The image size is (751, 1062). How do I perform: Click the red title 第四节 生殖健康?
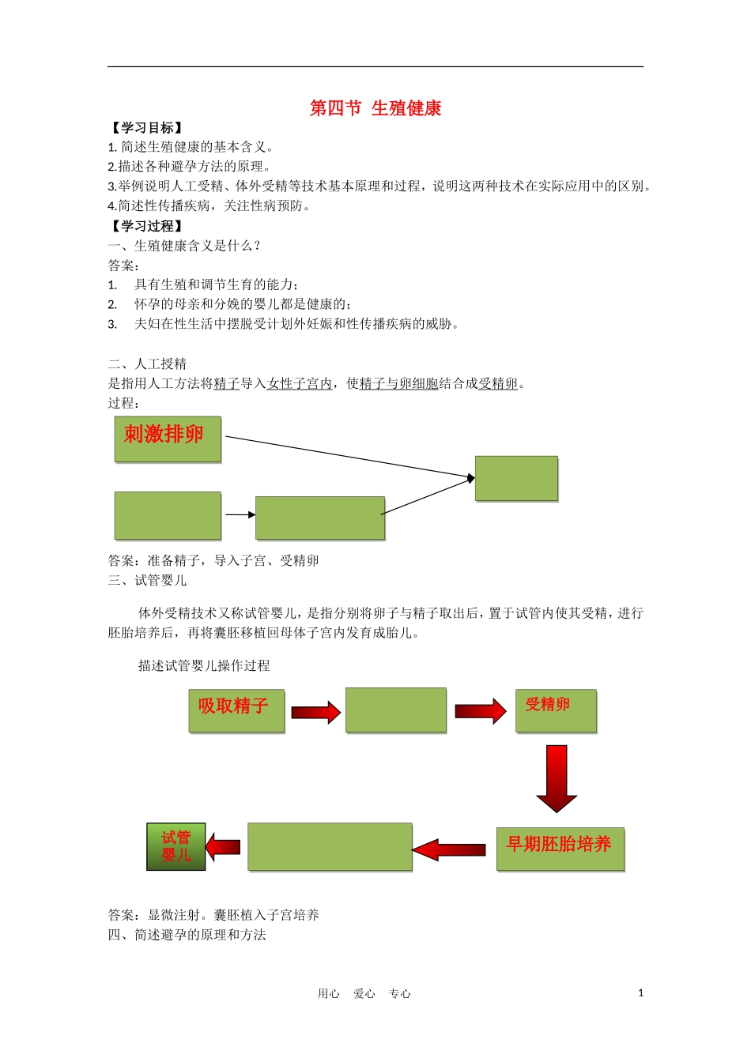tap(375, 108)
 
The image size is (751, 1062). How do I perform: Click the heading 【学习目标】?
tap(147, 128)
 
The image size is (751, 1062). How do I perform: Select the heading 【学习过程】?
tap(147, 226)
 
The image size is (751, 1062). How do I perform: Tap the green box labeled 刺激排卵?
tap(168, 439)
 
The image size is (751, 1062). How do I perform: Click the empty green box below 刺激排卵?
tap(168, 515)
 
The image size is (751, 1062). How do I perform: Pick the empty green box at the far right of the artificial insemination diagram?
tap(516, 478)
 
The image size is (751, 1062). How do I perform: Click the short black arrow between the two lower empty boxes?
tap(240, 515)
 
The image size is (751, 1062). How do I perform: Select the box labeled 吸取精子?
tap(236, 710)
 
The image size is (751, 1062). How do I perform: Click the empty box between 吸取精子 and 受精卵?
tap(396, 710)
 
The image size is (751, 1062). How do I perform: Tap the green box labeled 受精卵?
tap(556, 710)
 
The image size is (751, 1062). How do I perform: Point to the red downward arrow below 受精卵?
tap(557, 778)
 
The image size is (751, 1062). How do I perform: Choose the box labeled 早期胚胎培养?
tap(560, 849)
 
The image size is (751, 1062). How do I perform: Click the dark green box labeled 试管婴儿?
tap(176, 846)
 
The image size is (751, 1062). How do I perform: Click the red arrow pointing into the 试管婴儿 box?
tap(224, 847)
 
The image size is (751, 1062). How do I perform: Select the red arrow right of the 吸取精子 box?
tap(315, 713)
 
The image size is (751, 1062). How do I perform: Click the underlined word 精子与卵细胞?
tap(398, 384)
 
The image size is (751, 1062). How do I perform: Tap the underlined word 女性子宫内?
tap(300, 384)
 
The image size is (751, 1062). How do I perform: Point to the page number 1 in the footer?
tap(640, 993)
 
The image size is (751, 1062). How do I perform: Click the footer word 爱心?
tap(364, 994)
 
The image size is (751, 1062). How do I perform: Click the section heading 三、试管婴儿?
tap(148, 581)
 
